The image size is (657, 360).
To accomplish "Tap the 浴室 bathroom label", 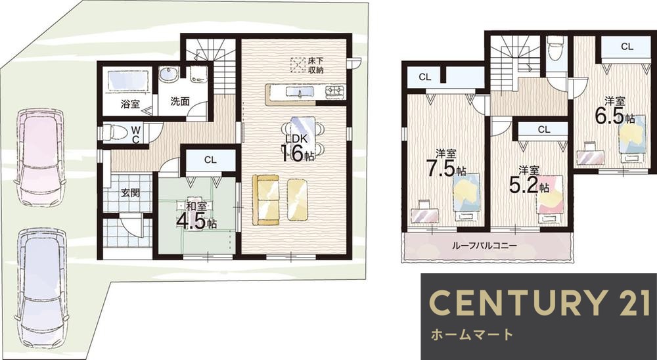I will (x=129, y=104).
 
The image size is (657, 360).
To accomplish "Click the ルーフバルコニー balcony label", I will (x=484, y=246).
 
